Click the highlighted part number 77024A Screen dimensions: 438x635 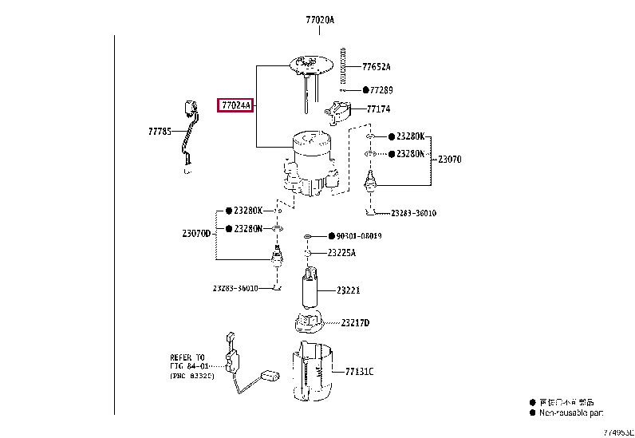[235, 105]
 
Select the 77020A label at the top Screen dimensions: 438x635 [318, 18]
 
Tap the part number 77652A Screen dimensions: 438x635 [377, 67]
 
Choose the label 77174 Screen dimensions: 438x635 [379, 109]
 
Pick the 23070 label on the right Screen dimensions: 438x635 [449, 160]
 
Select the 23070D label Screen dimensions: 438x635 [196, 234]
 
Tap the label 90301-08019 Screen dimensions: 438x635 [359, 236]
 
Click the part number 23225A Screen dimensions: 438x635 [341, 253]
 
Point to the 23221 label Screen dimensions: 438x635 [348, 290]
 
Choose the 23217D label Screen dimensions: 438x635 [355, 322]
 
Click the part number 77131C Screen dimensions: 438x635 [359, 372]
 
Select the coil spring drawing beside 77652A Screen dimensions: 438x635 [342, 65]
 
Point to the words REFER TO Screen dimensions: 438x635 [187, 357]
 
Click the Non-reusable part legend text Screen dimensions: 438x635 [570, 412]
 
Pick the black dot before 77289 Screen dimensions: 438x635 [366, 90]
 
